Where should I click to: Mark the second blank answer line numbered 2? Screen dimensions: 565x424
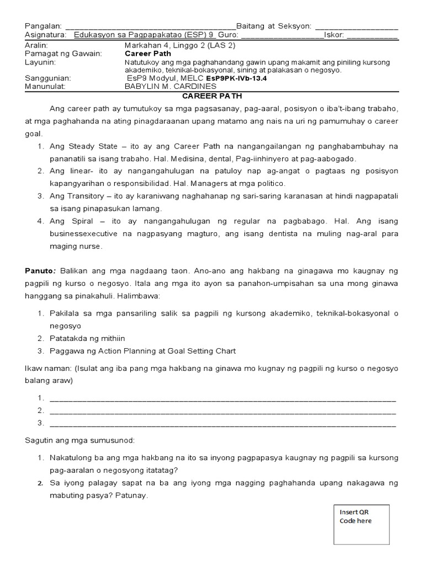222,411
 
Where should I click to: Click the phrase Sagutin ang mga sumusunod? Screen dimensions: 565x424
79,440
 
